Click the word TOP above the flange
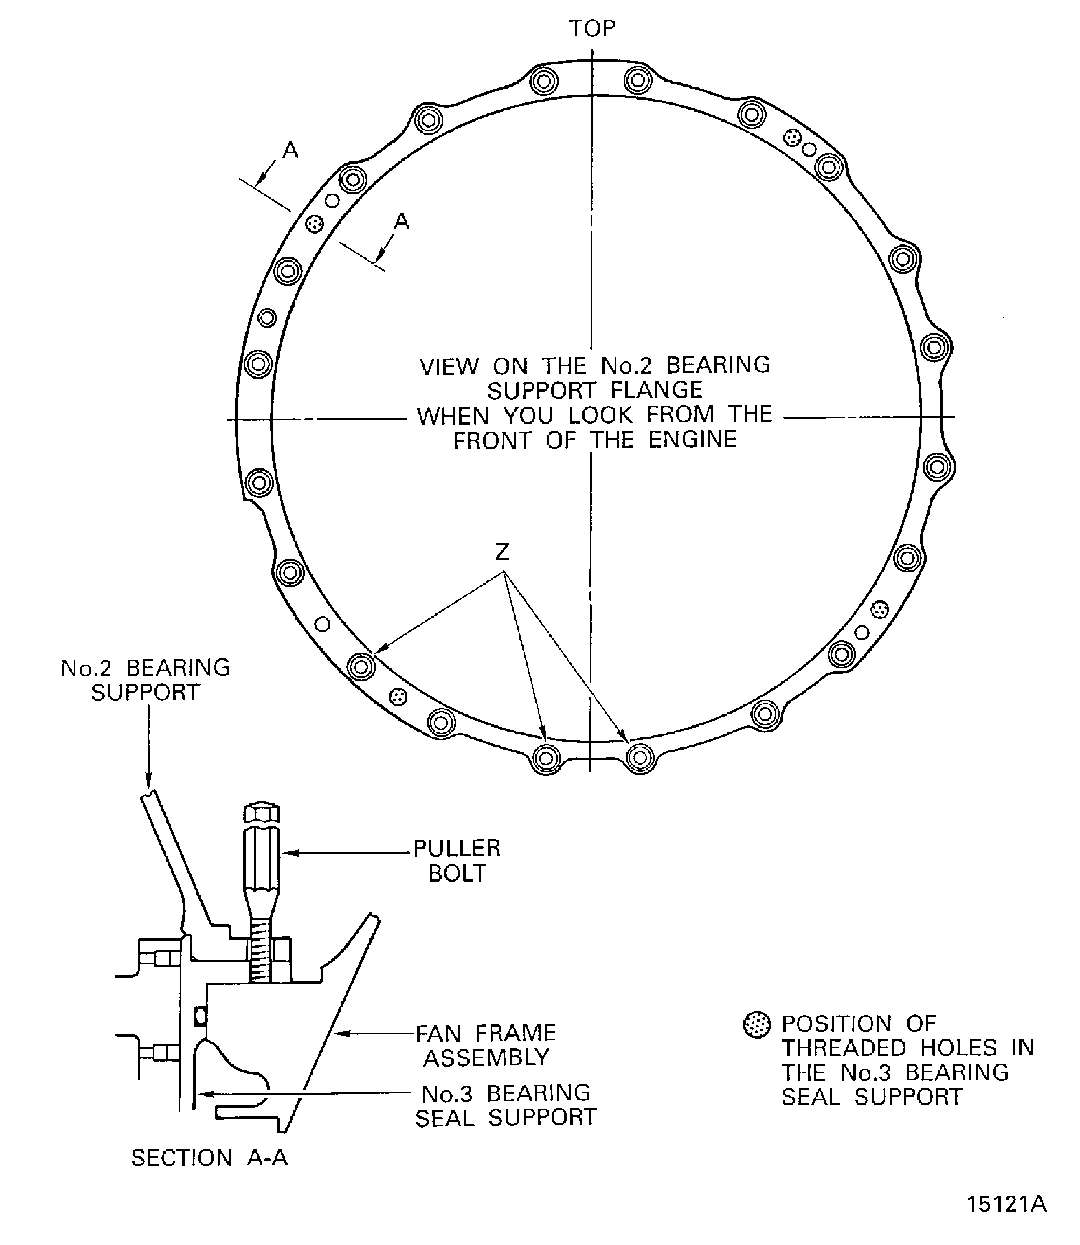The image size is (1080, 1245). coord(592,28)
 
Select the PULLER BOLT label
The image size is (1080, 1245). coord(457,860)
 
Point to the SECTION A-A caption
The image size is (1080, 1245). coord(210,1158)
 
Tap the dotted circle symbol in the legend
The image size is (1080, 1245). coord(757,1025)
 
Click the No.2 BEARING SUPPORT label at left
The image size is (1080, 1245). coord(145,680)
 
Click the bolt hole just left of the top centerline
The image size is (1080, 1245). coord(544,80)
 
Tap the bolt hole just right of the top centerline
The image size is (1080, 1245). coord(638,80)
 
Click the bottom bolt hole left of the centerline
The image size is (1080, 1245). coord(547,758)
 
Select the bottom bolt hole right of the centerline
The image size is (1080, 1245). coord(640,757)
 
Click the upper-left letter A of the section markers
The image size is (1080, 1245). coord(290,150)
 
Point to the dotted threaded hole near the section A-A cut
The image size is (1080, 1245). coord(315,224)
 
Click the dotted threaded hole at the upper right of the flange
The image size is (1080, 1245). coord(792,138)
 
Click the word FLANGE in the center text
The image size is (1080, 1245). coord(656,390)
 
